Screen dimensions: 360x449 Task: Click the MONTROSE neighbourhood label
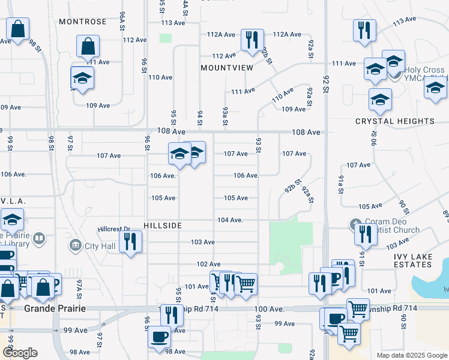pyautogui.click(x=83, y=22)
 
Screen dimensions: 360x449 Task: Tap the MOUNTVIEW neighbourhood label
pyautogui.click(x=227, y=68)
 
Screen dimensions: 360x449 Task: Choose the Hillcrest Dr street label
pyautogui.click(x=113, y=229)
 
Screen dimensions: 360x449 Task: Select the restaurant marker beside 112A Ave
pyautogui.click(x=251, y=40)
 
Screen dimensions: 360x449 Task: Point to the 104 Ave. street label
pyautogui.click(x=230, y=220)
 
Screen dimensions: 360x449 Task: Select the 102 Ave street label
pyautogui.click(x=208, y=264)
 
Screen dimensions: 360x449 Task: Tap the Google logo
pyautogui.click(x=19, y=353)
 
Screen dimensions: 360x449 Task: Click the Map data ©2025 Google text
pyautogui.click(x=411, y=355)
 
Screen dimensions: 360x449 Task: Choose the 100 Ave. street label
pyautogui.click(x=268, y=308)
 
